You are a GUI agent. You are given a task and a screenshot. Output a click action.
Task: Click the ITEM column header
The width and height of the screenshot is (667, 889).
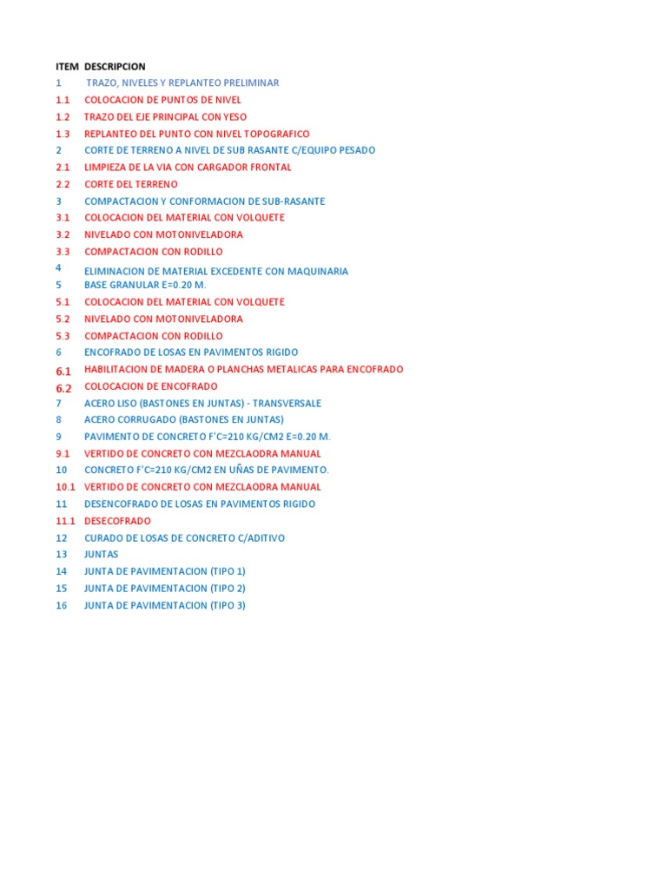coord(67,66)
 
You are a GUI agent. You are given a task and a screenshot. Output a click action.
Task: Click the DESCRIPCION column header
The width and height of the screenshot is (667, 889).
coord(116,66)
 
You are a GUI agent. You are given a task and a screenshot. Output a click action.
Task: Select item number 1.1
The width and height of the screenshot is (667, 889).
coord(63,100)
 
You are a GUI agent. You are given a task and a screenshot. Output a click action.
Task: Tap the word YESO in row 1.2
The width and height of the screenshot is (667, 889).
coord(234,116)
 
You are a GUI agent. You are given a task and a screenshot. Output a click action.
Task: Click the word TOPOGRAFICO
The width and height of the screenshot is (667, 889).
coord(278,134)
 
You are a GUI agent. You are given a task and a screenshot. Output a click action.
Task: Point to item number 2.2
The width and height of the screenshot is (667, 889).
coord(63,184)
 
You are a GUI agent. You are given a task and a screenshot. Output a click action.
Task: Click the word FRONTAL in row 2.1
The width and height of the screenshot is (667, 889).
coord(271,167)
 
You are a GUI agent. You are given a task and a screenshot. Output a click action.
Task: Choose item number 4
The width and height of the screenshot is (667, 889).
coord(58,268)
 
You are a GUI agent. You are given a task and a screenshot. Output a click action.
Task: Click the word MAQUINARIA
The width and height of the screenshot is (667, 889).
coord(316,272)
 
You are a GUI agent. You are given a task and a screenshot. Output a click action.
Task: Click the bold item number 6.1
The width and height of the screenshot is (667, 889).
coord(63,371)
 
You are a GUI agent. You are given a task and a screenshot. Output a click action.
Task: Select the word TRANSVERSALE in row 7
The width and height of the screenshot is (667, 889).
coord(287,403)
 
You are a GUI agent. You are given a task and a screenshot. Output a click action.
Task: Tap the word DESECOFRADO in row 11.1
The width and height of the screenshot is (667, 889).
coord(117,521)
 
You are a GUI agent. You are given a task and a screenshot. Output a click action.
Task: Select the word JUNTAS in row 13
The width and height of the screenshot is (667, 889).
coord(101,554)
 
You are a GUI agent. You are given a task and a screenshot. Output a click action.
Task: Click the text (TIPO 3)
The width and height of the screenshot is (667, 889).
coord(228,605)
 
